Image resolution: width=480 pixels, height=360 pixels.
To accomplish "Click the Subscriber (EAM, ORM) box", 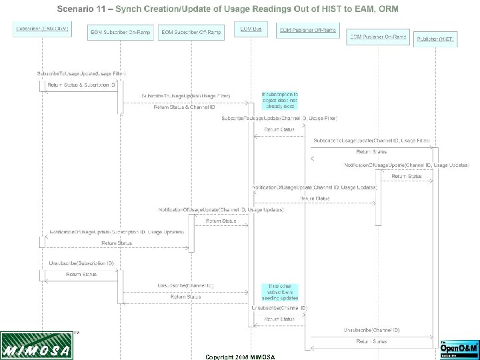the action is pos(41,30).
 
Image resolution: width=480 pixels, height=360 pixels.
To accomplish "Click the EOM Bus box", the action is pos(251,30).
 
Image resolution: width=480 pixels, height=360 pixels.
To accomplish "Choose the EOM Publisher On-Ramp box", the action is pos(377,37).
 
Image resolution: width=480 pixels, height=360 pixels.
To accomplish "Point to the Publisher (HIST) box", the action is pos(435,39).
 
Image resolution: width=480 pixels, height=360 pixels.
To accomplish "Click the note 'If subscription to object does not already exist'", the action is pos(279,100).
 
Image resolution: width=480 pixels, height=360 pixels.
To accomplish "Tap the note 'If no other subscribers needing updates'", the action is pos(279,292).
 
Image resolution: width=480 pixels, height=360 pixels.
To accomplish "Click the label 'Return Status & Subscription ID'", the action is pos(81,85).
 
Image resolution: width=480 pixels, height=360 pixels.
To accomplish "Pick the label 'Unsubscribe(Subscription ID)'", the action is pos(81,263).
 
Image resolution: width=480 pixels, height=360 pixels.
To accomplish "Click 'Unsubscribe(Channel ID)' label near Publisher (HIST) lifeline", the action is pos(371,330).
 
